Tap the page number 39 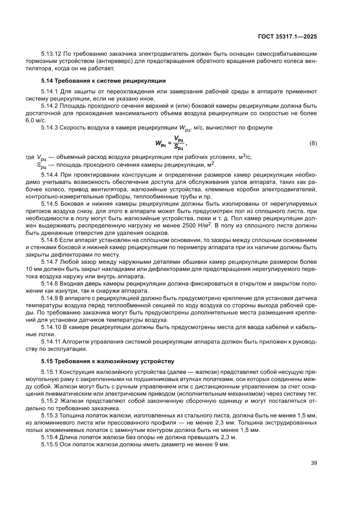(313, 463)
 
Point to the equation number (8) (313, 143)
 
